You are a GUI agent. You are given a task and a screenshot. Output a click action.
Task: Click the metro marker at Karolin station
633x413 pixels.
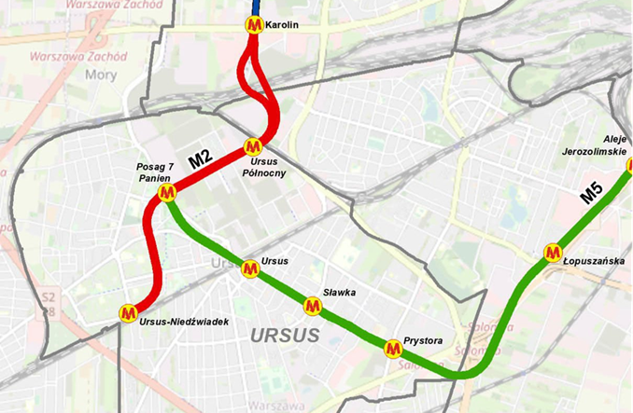click(253, 25)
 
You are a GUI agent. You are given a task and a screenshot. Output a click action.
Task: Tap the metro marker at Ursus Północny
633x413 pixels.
click(252, 146)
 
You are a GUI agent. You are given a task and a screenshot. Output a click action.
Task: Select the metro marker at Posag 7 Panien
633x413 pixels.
click(168, 193)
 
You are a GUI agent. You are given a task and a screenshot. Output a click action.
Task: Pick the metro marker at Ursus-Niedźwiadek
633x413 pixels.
click(129, 312)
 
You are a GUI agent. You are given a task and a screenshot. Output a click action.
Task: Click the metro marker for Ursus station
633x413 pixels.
click(249, 268)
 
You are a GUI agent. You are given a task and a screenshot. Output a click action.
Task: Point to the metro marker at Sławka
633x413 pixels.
click(313, 305)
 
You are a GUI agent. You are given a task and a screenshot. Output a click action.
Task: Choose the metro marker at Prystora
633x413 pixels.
click(393, 347)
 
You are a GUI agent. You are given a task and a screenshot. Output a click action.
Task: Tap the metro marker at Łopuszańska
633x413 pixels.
click(553, 252)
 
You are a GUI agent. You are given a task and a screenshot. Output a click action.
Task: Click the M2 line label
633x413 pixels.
click(201, 160)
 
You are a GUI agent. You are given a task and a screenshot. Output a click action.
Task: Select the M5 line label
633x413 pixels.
click(591, 194)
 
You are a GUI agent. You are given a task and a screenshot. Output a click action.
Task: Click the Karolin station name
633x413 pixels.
click(282, 25)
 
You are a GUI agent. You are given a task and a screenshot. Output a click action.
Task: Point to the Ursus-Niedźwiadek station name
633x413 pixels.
click(183, 322)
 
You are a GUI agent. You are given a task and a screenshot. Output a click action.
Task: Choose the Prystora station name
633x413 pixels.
click(424, 340)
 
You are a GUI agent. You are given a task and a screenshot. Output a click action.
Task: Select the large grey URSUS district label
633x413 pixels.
click(286, 335)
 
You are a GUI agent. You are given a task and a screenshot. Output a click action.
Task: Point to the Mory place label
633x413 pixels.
click(97, 74)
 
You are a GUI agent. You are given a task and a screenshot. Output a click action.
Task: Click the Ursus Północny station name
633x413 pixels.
click(257, 167)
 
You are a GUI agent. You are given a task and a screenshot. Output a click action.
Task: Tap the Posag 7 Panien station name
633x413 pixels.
click(155, 172)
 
